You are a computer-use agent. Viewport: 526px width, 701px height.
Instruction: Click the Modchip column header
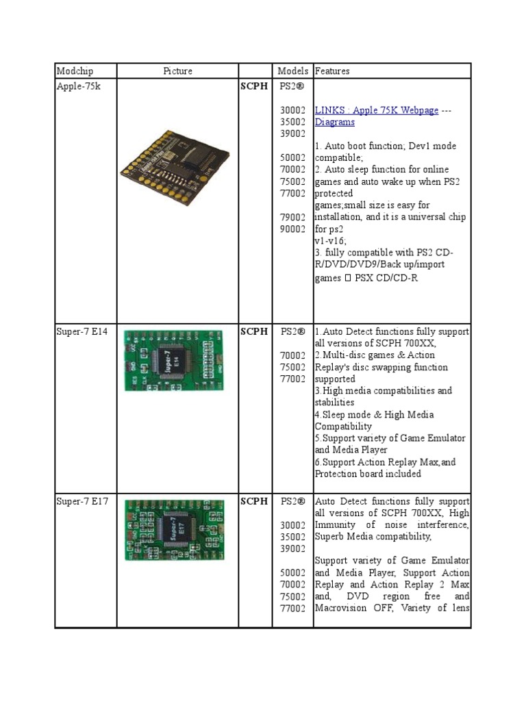pyautogui.click(x=75, y=71)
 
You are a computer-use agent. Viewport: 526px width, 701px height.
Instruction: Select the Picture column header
pyautogui.click(x=177, y=71)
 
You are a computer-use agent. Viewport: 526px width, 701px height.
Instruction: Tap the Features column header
pyautogui.click(x=332, y=71)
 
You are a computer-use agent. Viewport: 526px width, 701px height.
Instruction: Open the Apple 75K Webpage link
pyautogui.click(x=377, y=110)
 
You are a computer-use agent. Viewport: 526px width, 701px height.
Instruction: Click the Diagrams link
pyautogui.click(x=335, y=122)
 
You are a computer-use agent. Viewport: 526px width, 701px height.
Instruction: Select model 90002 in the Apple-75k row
pyautogui.click(x=292, y=229)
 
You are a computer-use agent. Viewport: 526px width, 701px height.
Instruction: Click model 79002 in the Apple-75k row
pyautogui.click(x=292, y=217)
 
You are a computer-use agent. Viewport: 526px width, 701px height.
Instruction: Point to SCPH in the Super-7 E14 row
pyautogui.click(x=254, y=331)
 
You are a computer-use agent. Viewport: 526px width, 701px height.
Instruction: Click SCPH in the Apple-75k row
pyautogui.click(x=254, y=87)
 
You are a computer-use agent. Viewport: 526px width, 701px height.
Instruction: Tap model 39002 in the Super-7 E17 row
pyautogui.click(x=292, y=548)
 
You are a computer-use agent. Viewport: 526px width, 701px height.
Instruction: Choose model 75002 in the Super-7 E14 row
pyautogui.click(x=292, y=367)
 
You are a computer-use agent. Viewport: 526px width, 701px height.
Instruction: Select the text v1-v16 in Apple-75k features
pyautogui.click(x=330, y=240)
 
